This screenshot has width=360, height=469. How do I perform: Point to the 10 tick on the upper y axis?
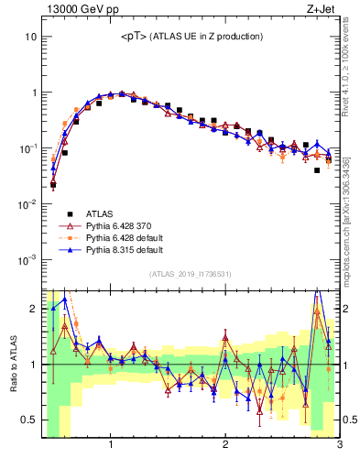click(30, 37)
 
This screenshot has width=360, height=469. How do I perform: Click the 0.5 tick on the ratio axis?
click(29, 420)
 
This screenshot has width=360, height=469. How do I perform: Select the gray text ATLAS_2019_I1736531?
click(191, 275)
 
